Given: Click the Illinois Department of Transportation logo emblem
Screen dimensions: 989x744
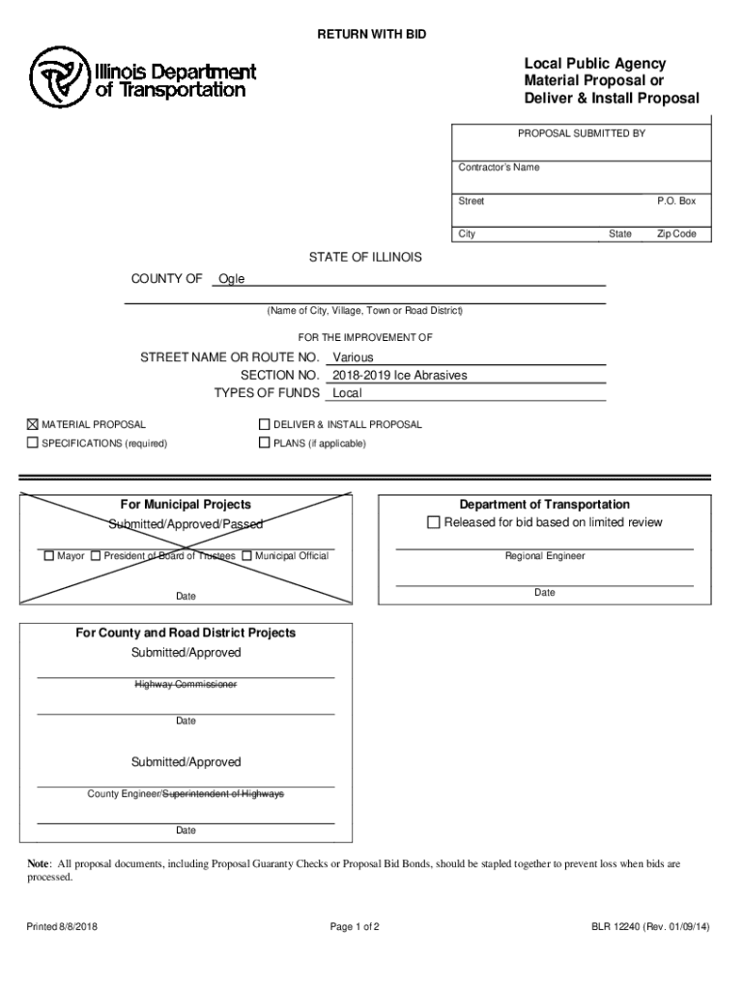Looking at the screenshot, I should point(59,78).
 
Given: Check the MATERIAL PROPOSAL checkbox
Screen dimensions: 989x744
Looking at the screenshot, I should point(32,424).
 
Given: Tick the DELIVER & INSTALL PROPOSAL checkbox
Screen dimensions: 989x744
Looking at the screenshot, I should point(264,424).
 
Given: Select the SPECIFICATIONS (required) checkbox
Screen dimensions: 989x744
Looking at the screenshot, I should point(32,443).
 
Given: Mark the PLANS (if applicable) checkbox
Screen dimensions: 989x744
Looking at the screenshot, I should point(264,443).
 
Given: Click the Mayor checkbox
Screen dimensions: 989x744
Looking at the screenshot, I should point(49,556).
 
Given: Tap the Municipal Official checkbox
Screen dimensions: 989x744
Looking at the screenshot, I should point(247,556).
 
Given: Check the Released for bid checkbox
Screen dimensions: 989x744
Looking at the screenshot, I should point(433,523).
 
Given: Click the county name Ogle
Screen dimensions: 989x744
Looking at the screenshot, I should point(232,279).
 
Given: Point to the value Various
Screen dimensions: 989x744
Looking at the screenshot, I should point(353,357).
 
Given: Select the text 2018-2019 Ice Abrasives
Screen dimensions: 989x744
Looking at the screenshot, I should point(399,375).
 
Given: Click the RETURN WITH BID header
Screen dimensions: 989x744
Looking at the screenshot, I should point(372,35).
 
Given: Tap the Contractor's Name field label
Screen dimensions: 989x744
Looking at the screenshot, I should point(499,168).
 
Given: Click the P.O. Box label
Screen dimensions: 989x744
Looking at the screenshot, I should point(676,201).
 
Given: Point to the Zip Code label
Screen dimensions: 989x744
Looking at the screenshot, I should point(676,234).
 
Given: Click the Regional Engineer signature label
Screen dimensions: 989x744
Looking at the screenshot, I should point(545,556).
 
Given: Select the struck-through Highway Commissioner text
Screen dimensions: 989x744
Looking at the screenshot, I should point(186,685).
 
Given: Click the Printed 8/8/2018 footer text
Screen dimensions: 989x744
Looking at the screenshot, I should point(62,928).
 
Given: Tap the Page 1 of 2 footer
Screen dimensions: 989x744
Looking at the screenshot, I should point(355,928).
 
